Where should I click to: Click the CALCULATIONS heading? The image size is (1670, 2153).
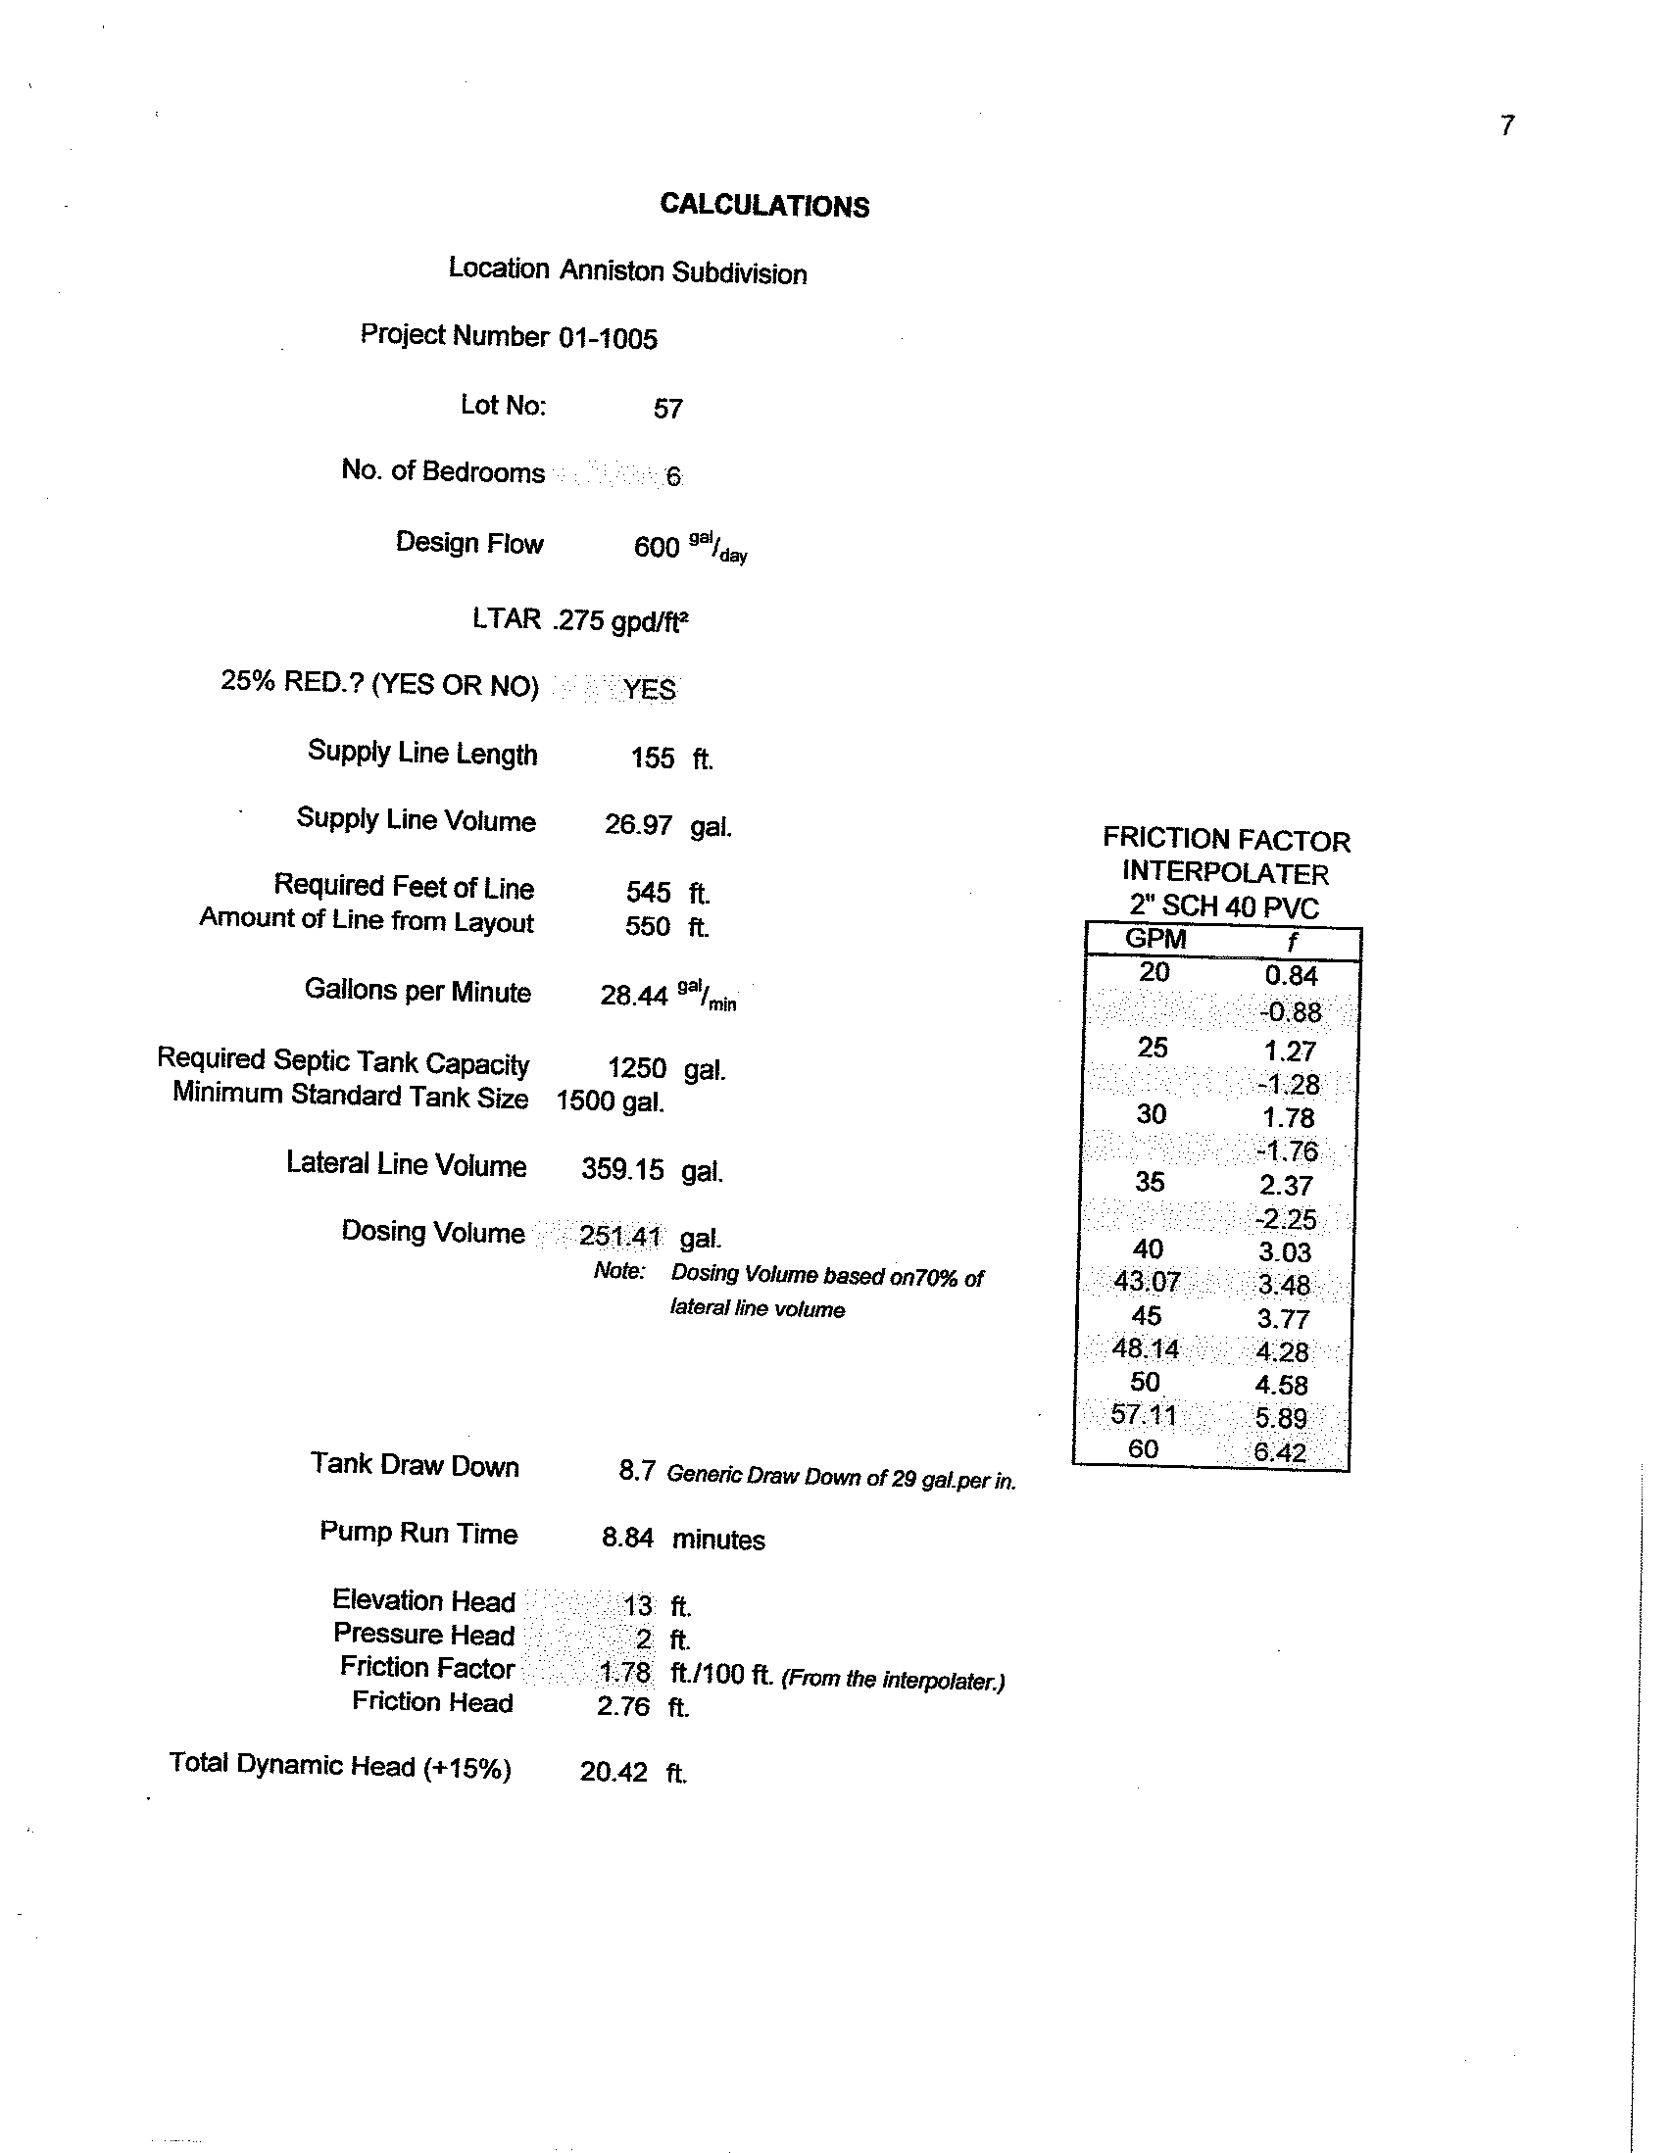point(764,205)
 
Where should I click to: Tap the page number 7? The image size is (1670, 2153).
point(1506,126)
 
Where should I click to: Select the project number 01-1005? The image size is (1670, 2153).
point(608,338)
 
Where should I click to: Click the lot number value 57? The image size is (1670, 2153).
point(667,408)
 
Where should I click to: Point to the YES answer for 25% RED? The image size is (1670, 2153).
point(649,688)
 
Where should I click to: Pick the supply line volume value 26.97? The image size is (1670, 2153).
point(638,824)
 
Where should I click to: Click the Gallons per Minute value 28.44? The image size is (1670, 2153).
point(634,995)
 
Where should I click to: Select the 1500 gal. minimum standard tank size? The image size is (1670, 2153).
point(610,1101)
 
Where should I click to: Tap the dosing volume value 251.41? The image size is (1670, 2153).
point(619,1236)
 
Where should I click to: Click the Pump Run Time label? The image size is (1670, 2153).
point(418,1533)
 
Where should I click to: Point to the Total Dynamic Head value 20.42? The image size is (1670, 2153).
point(614,1772)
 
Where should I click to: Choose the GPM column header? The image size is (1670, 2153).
point(1154,940)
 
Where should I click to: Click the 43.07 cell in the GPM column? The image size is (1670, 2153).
point(1146,1282)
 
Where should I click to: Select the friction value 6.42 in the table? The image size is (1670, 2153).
point(1280,1451)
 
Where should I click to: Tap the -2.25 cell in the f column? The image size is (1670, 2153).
point(1286,1219)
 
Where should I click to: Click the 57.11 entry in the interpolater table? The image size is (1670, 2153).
point(1144,1416)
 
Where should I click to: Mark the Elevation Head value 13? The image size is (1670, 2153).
point(637,1606)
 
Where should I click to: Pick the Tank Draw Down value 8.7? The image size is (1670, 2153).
point(636,1471)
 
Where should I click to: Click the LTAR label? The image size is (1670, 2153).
point(506,619)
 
